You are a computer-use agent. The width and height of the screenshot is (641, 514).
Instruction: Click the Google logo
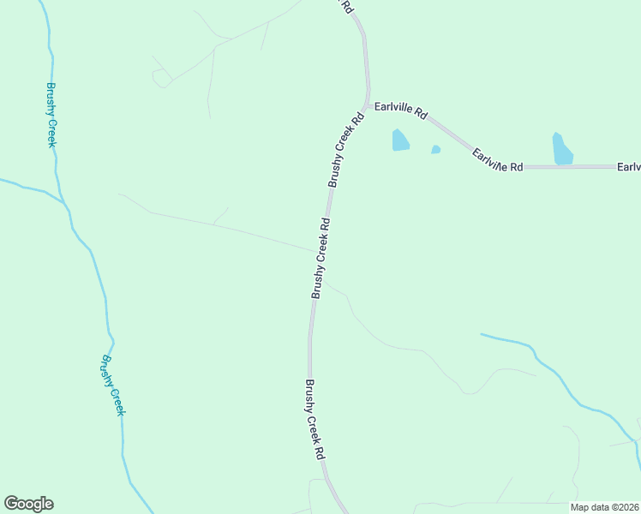pos(28,504)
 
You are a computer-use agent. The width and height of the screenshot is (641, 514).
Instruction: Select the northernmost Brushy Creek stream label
pos(51,115)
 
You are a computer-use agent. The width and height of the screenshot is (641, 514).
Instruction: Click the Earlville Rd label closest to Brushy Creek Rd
pos(401,111)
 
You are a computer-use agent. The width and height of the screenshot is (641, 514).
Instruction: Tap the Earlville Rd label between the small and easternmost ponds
pos(497,159)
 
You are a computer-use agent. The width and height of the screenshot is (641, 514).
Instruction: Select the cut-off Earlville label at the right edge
pos(628,166)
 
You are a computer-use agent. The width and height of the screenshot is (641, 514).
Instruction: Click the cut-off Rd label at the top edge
pos(347,6)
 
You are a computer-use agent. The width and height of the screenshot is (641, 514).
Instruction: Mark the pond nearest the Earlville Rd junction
pos(400,140)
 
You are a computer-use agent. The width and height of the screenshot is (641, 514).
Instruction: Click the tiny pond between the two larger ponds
pos(435,149)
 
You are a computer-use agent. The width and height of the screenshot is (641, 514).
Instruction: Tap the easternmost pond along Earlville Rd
pos(562,149)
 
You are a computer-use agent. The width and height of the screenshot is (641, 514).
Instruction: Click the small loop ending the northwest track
pos(159,79)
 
